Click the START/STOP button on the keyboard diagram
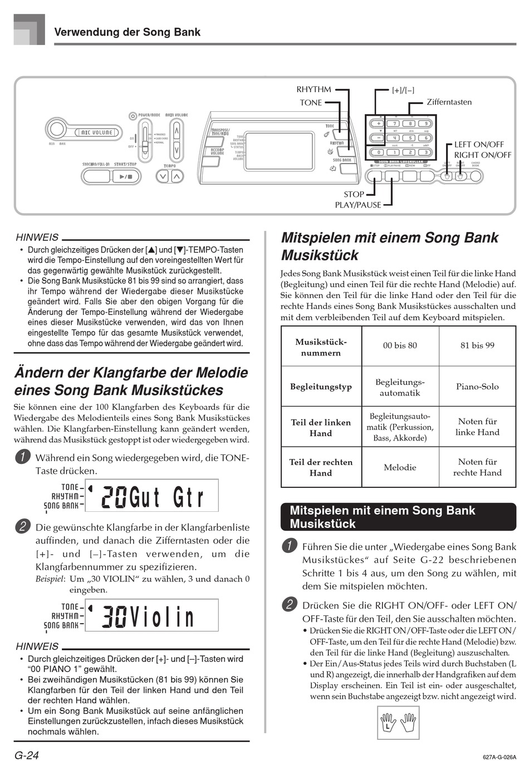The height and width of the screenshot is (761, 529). click(126, 177)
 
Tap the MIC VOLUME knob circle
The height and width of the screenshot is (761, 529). click(56, 130)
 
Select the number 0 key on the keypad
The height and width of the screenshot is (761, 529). click(378, 152)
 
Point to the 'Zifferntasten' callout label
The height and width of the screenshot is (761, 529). click(449, 102)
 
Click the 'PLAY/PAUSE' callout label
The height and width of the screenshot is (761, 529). click(358, 205)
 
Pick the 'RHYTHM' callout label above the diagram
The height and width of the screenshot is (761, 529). click(314, 90)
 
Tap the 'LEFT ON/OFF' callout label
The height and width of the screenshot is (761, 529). click(479, 145)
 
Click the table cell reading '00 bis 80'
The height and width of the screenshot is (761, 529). click(400, 345)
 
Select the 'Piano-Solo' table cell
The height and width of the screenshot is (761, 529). click(477, 386)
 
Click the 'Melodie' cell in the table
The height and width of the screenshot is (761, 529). click(400, 467)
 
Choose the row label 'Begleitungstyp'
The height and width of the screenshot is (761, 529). click(321, 386)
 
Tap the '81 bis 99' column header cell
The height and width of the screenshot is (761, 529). click(477, 345)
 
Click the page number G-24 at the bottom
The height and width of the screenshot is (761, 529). click(27, 755)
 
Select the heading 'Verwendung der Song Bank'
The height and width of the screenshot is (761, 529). click(128, 32)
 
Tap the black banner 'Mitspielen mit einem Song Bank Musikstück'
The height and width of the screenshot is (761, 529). click(398, 517)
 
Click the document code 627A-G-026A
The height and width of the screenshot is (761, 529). click(499, 757)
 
